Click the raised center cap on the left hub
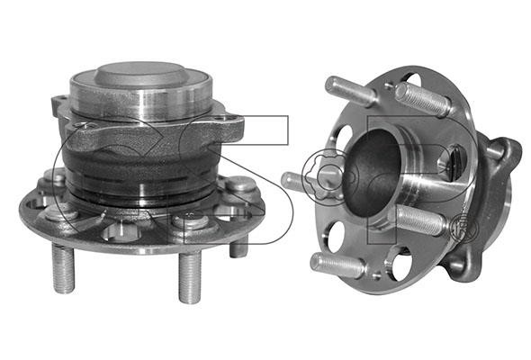click(x=140, y=75)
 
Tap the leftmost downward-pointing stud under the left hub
click(x=63, y=268)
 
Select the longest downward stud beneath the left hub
click(x=190, y=277)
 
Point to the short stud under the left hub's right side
click(x=238, y=247)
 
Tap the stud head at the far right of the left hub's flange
click(x=240, y=184)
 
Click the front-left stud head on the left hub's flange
click(x=62, y=211)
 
